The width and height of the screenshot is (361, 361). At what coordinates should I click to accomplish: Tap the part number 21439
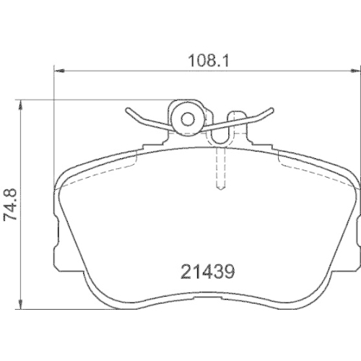(209, 274)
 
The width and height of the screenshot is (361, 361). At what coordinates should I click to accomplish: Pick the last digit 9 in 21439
(232, 274)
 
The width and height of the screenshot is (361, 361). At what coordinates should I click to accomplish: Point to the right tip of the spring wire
(272, 110)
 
